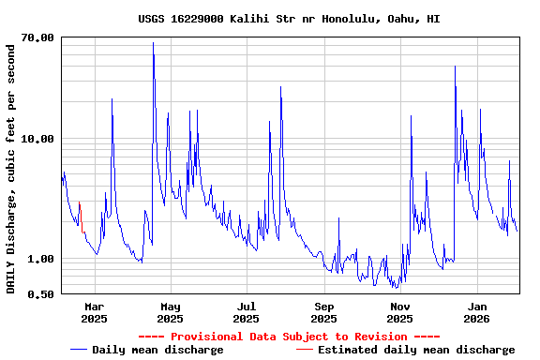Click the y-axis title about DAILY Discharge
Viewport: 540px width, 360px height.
point(11,165)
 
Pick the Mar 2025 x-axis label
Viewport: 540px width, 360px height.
point(94,312)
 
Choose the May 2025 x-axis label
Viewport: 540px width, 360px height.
point(171,312)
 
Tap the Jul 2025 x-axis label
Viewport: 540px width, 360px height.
point(247,312)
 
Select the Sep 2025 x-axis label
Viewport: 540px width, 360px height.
point(323,312)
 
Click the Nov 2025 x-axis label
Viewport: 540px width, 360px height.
point(400,312)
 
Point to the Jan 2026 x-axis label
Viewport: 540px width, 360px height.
point(477,312)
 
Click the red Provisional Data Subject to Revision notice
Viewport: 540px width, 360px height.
point(289,337)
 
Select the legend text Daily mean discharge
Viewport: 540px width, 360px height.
point(157,350)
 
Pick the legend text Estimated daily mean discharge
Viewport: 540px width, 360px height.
point(416,350)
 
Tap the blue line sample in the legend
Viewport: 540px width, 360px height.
point(79,350)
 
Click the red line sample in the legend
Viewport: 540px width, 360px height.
point(305,350)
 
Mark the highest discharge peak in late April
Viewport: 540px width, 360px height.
point(153,43)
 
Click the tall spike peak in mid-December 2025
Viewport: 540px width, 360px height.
point(455,67)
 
